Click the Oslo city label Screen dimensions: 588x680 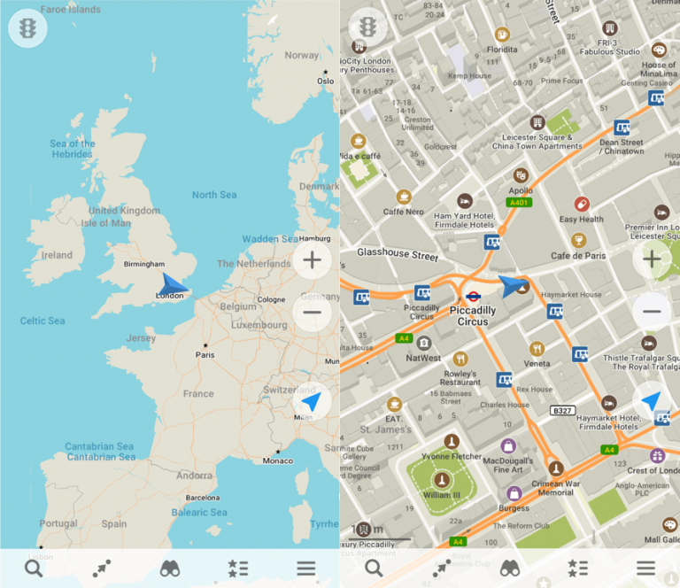coord(325,81)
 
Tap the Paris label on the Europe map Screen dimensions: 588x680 coord(205,355)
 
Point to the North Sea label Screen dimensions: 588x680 coord(214,195)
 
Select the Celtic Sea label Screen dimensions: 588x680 coord(43,321)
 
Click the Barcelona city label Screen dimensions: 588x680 coord(203,498)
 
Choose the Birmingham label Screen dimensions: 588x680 coord(144,264)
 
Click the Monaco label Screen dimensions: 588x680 coord(277,460)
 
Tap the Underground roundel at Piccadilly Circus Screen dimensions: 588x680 coord(473,298)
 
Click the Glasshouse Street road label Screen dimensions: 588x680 coord(398,254)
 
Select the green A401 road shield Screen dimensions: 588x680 coord(519,203)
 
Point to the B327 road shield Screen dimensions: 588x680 coord(562,410)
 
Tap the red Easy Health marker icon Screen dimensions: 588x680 coord(582,205)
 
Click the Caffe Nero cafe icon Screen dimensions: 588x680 coord(405,197)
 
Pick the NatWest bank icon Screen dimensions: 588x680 coord(424,343)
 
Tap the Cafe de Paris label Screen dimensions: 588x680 coord(578,256)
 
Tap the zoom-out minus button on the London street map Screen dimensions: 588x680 coord(652,311)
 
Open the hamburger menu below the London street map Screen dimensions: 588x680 coord(645,569)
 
